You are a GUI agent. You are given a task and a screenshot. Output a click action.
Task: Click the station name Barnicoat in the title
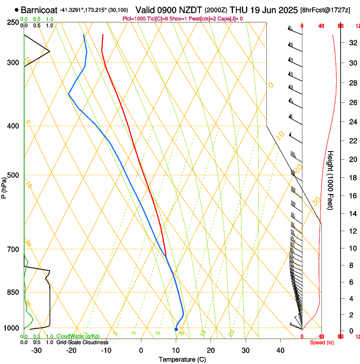point(39,9)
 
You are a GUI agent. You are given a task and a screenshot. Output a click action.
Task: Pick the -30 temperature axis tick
point(36,350)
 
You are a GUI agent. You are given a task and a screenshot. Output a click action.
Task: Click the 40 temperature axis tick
point(280,350)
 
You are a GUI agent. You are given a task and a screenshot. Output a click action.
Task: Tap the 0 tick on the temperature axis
point(141,350)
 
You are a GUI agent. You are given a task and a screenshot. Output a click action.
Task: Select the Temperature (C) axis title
point(182,359)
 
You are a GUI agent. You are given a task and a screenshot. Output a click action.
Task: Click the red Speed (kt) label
point(322,342)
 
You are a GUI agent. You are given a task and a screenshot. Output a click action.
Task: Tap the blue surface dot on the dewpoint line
point(176,329)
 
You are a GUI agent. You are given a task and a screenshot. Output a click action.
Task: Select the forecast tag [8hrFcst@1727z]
point(324,9)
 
